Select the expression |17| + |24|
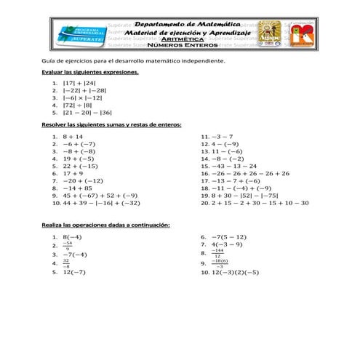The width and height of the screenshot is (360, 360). (79, 84)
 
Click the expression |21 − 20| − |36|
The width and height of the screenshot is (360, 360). (87, 113)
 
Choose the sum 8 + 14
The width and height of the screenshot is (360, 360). (73, 136)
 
